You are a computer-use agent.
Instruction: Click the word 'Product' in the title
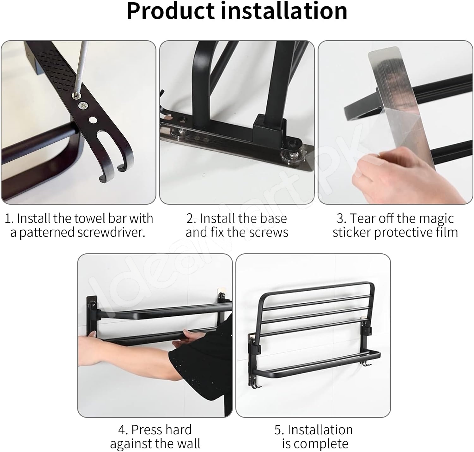(x=170, y=11)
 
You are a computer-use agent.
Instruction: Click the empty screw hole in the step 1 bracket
(x=93, y=120)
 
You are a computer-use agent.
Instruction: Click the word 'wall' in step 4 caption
(x=188, y=443)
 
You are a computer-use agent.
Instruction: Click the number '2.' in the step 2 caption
(x=191, y=218)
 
